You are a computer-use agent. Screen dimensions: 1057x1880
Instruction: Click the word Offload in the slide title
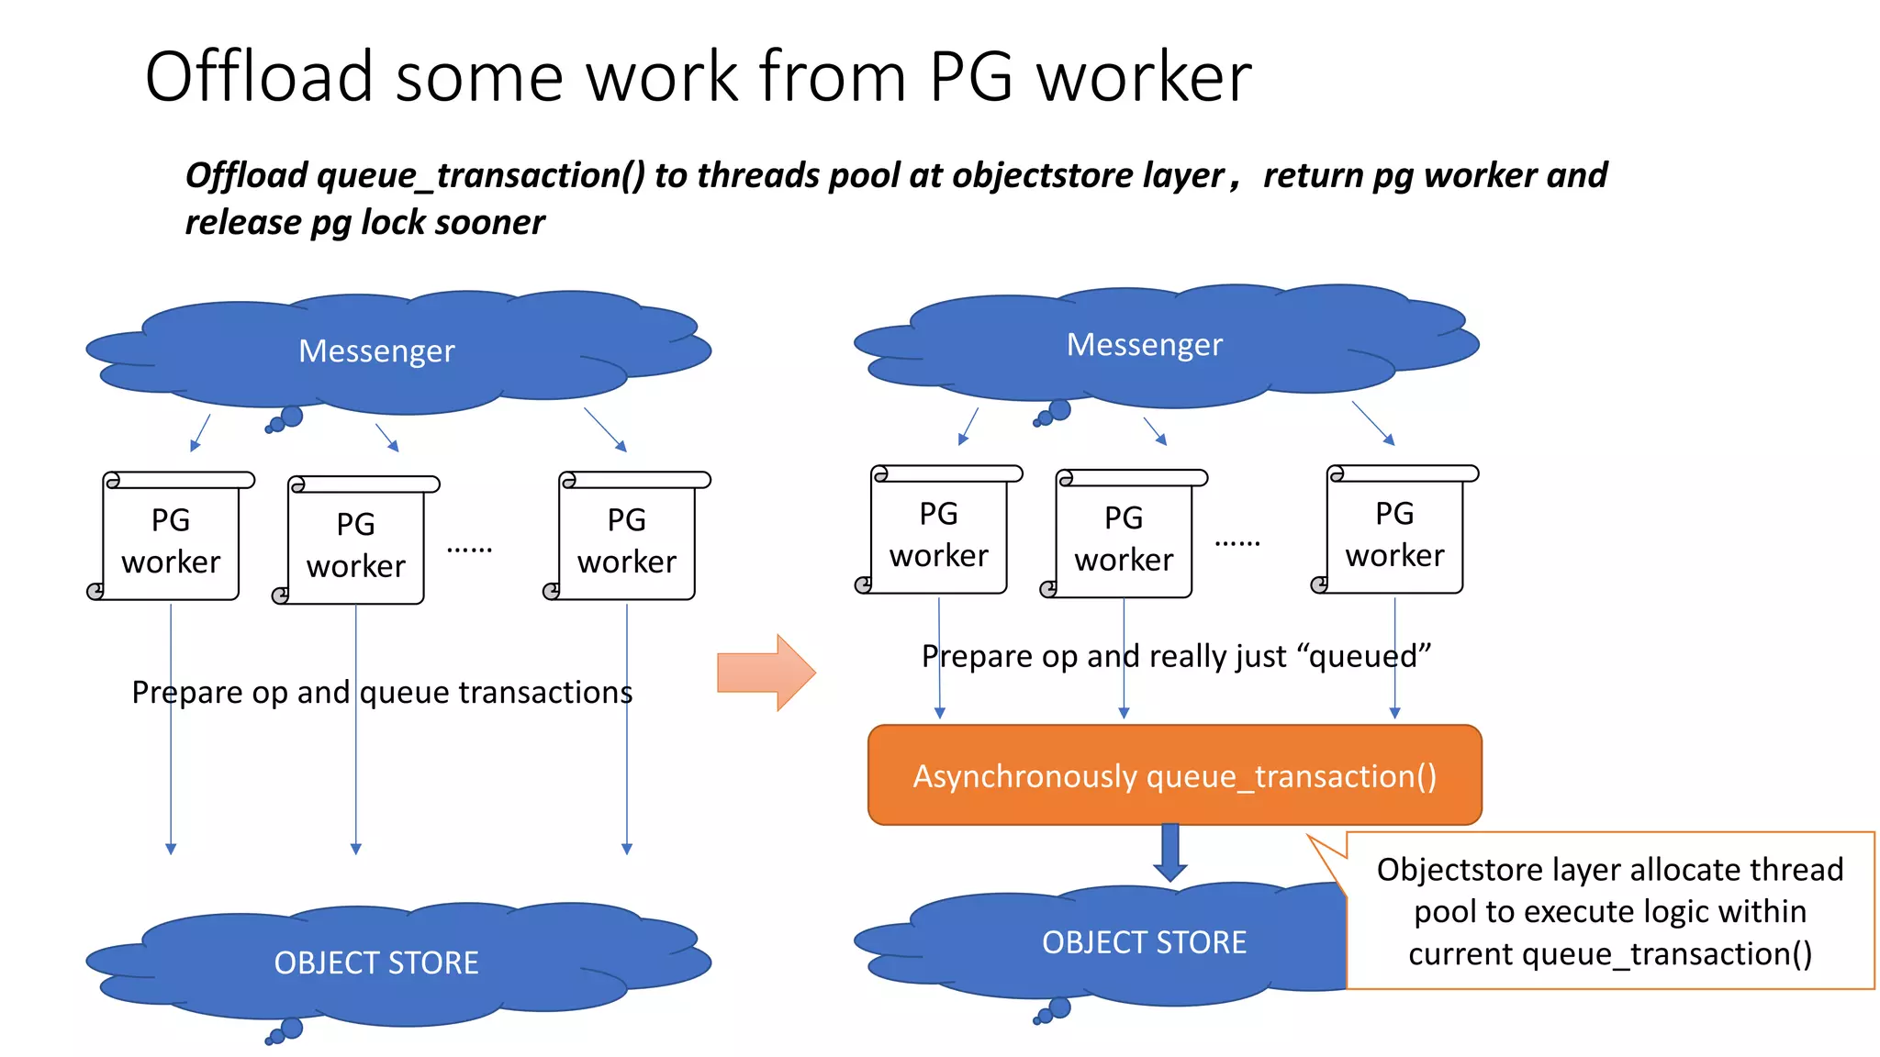point(259,76)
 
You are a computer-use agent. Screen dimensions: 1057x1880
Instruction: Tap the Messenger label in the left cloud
point(376,351)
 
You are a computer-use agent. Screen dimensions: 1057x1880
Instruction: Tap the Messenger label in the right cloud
point(1144,345)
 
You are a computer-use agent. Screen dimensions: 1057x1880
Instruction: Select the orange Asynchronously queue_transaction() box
point(1174,775)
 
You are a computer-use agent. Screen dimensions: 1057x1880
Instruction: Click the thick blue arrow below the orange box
point(1170,852)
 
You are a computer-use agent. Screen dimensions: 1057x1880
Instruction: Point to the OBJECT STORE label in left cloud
point(376,962)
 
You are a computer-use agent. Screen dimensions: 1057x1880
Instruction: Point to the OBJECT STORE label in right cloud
point(1144,942)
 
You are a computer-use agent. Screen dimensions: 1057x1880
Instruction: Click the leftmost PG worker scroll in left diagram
point(171,540)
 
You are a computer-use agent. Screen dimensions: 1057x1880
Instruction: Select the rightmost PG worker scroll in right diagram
point(1394,533)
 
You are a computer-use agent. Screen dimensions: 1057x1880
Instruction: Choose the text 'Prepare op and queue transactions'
point(382,693)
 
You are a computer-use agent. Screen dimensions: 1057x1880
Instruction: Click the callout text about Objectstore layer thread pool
point(1609,911)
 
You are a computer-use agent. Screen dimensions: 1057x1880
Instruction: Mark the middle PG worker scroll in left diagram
point(356,544)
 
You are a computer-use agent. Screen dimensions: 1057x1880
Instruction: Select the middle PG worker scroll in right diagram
point(1124,538)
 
